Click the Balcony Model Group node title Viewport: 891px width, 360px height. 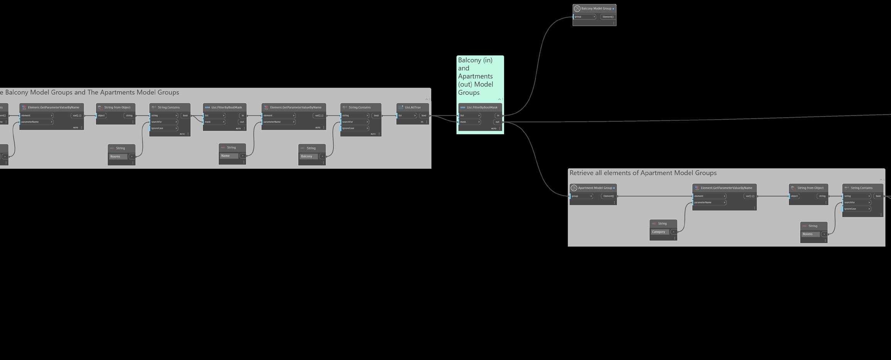tap(596, 8)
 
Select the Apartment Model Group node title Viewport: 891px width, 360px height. tap(595, 188)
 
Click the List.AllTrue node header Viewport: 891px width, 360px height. tap(412, 108)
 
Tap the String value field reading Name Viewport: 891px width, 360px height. tap(229, 156)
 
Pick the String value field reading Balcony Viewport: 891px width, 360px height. tap(309, 156)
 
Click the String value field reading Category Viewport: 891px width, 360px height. tap(660, 232)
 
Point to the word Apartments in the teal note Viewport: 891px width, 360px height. tap(475, 76)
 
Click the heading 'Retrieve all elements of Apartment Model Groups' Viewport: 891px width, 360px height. tap(643, 173)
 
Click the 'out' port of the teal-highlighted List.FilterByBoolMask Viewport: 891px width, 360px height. tap(498, 122)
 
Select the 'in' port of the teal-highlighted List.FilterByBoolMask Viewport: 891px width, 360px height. tap(498, 116)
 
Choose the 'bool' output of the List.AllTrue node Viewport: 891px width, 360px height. tap(424, 116)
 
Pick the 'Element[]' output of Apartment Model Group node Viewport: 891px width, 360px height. tap(609, 196)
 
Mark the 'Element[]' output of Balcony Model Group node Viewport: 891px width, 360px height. tap(608, 17)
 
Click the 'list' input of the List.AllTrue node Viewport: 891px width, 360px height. tap(407, 116)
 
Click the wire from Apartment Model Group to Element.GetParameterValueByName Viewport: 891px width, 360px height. tap(655, 196)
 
